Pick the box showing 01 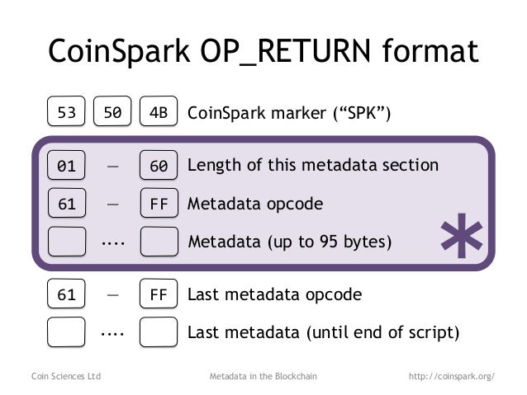pyautogui.click(x=66, y=166)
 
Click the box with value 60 pyautogui.click(x=159, y=166)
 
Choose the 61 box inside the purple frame pyautogui.click(x=66, y=203)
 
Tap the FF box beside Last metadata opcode pyautogui.click(x=159, y=294)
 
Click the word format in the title pyautogui.click(x=430, y=52)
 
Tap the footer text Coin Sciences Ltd pyautogui.click(x=65, y=376)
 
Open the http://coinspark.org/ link pyautogui.click(x=452, y=376)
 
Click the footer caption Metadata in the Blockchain pyautogui.click(x=263, y=376)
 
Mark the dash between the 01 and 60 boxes pyautogui.click(x=112, y=166)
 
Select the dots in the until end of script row pyautogui.click(x=112, y=333)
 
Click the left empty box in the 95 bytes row pyautogui.click(x=66, y=242)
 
